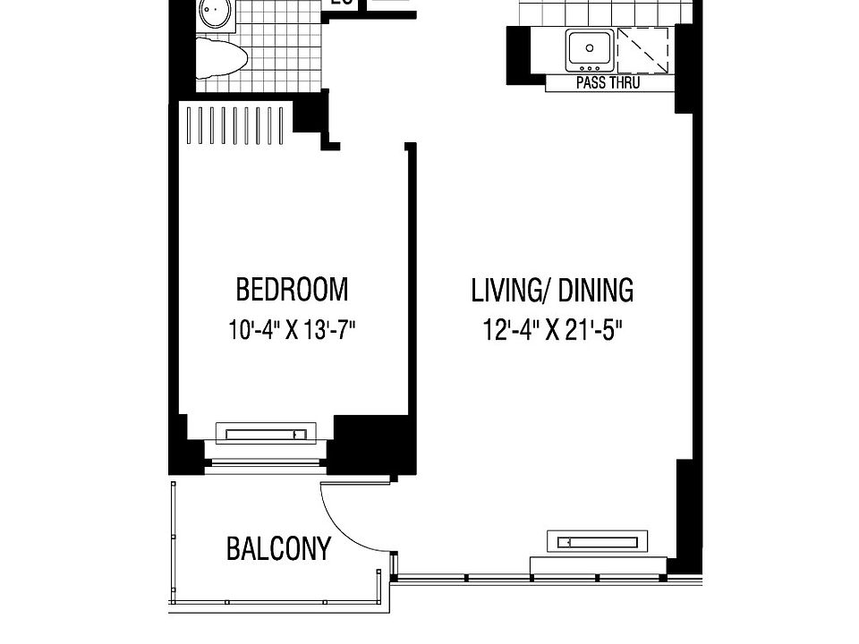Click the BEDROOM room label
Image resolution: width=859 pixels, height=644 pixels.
(x=292, y=290)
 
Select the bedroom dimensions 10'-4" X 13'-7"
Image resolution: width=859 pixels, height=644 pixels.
(x=292, y=330)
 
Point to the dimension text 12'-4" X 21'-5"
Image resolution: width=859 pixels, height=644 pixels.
(x=552, y=330)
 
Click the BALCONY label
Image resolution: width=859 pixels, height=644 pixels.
(x=278, y=548)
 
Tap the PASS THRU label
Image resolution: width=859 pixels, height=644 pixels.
(x=608, y=83)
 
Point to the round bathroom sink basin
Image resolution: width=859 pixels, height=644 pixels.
(x=215, y=13)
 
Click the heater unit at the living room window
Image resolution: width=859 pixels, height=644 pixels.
(x=598, y=541)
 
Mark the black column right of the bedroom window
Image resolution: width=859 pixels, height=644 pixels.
(x=371, y=445)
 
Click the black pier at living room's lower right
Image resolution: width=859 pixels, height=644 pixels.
(x=685, y=514)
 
